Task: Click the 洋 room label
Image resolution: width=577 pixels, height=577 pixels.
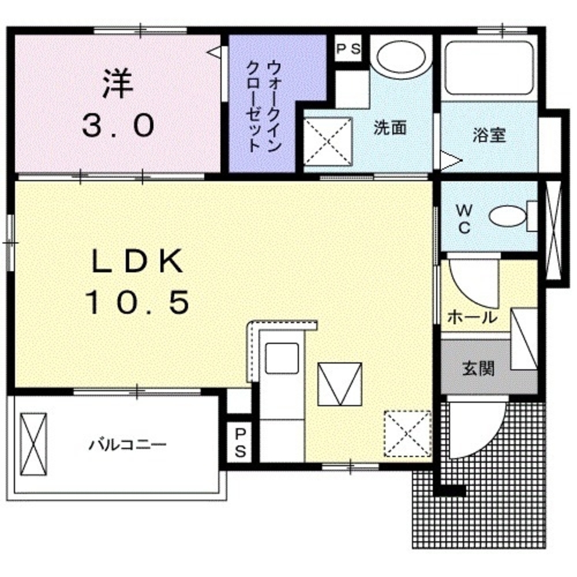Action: pos(118,84)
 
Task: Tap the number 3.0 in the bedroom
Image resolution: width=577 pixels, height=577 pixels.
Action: pos(118,126)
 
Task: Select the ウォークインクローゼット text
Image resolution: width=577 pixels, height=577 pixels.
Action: pos(263,104)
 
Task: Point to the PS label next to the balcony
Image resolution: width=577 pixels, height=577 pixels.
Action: pos(240,443)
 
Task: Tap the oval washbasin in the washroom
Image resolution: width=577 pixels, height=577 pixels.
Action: pos(402,57)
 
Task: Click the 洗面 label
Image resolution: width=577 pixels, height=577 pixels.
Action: pos(390,128)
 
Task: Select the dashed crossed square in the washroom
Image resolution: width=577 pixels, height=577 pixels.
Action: pos(328,140)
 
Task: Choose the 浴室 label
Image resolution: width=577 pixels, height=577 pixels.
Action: pos(489,136)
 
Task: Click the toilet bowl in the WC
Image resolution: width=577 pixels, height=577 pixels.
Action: pos(508,217)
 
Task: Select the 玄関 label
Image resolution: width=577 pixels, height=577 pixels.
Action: pos(478,368)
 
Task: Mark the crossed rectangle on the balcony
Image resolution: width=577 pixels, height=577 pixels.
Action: pos(34,443)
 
